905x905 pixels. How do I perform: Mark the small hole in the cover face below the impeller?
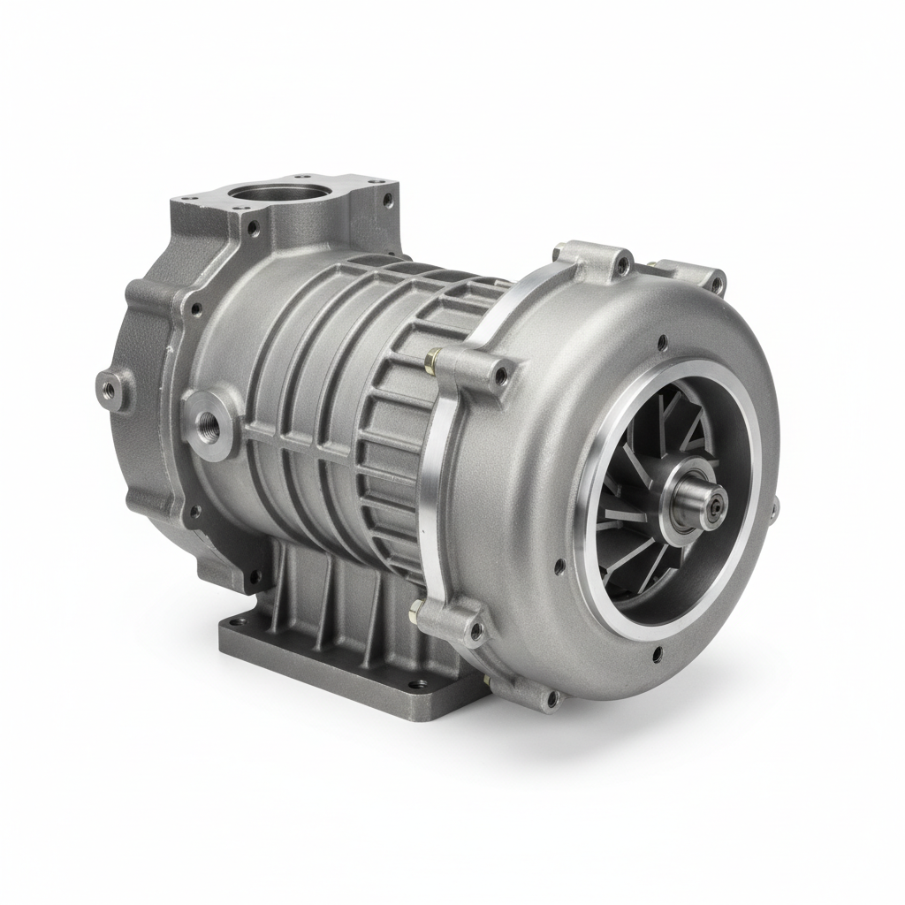pos(657,655)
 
